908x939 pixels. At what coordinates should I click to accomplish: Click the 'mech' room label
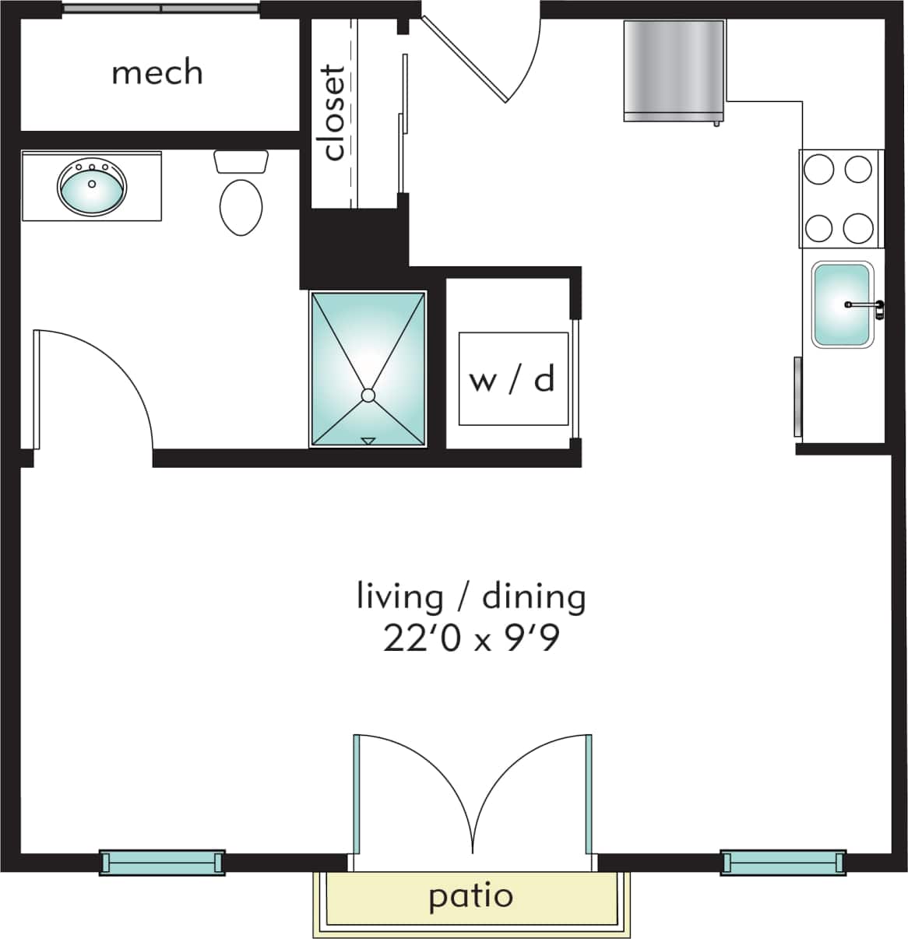(157, 72)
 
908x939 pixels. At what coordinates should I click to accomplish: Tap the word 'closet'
(333, 113)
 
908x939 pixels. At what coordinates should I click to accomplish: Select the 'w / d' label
(512, 379)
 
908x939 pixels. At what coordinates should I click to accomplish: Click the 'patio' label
(470, 896)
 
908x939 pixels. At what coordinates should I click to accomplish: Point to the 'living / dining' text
(470, 597)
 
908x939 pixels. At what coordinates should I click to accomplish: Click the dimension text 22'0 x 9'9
(470, 640)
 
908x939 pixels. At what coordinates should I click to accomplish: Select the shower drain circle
(368, 396)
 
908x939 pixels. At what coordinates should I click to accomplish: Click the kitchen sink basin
(841, 304)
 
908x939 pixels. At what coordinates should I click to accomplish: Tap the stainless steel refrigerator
(674, 70)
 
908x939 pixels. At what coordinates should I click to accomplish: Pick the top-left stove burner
(819, 169)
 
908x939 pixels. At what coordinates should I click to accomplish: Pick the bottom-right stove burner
(858, 227)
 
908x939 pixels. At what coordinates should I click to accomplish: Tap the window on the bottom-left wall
(162, 863)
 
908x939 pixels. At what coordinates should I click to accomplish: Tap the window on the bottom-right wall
(783, 863)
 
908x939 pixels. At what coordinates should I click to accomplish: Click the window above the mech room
(160, 9)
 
